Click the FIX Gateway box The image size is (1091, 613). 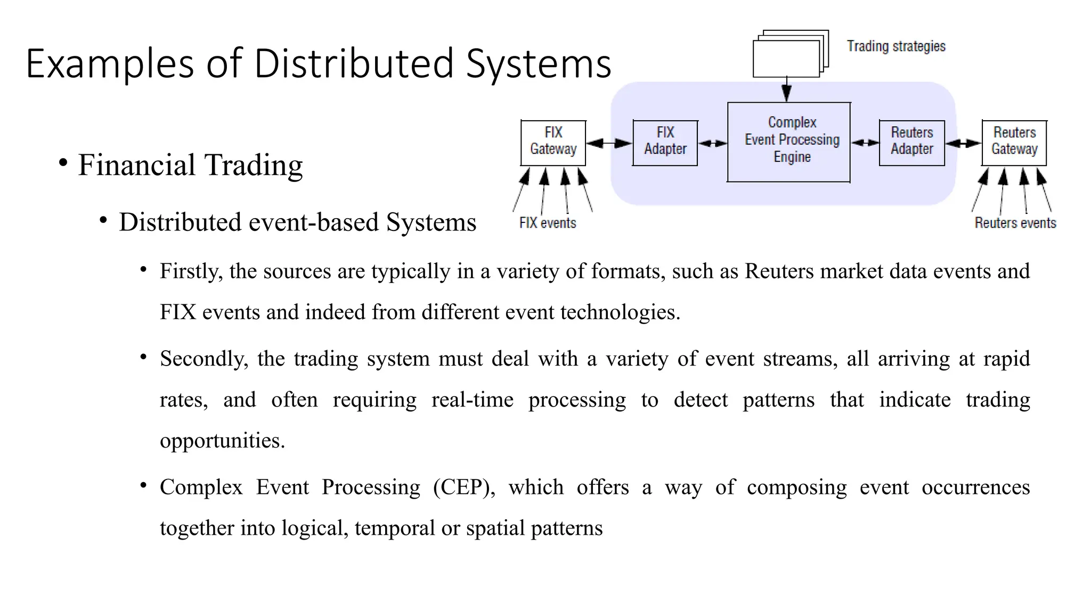[x=553, y=143]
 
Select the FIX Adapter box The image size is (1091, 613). [x=665, y=143]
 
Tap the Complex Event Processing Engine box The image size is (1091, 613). [x=788, y=142]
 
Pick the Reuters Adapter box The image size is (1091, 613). [x=911, y=143]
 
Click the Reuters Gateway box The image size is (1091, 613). [x=1014, y=143]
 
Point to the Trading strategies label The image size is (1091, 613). [x=896, y=46]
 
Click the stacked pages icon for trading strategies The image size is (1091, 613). [x=789, y=55]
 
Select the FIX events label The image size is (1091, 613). [x=548, y=222]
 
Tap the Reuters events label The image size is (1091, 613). [x=1015, y=222]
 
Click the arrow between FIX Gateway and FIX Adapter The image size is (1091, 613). [x=609, y=143]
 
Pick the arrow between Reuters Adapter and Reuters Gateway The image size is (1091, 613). [x=963, y=143]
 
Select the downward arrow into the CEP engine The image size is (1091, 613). [x=786, y=90]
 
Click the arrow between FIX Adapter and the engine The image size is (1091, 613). [x=712, y=143]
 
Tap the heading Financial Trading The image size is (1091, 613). [x=190, y=164]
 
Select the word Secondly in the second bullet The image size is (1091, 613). [x=204, y=359]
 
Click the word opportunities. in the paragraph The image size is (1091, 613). [x=222, y=441]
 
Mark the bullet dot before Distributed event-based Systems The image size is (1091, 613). [x=103, y=220]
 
